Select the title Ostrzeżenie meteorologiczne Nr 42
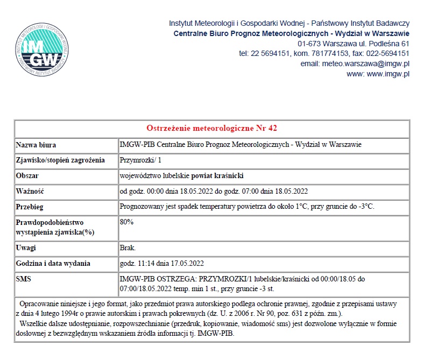211,128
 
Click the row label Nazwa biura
36,145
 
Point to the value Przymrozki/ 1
140,160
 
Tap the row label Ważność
30,191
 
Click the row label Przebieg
30,207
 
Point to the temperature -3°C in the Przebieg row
365,207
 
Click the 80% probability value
126,222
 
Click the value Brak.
128,248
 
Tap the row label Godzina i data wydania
53,264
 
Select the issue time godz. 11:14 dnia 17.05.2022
161,264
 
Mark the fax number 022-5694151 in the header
388,53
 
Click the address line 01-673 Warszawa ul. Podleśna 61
354,43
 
